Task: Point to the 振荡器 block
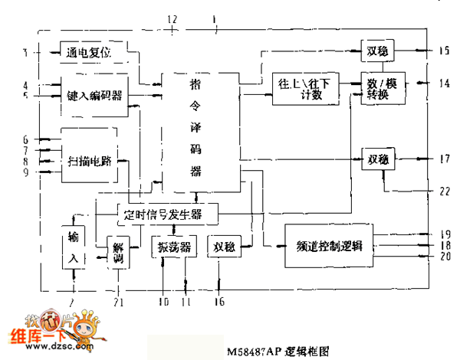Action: [x=174, y=247]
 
